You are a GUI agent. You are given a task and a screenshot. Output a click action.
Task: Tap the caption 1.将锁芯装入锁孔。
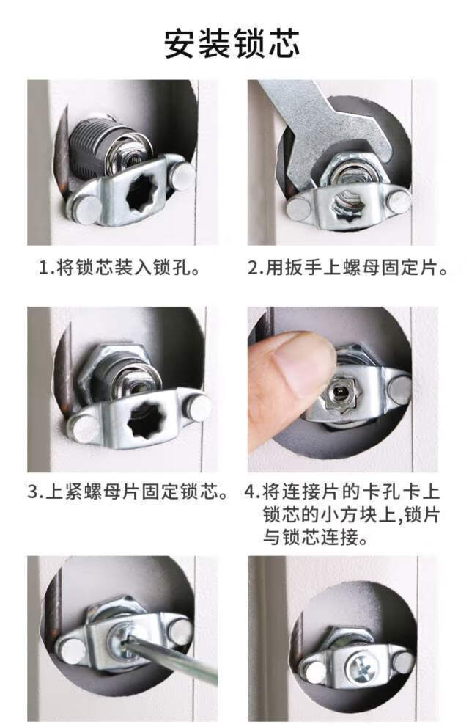coord(119,268)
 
